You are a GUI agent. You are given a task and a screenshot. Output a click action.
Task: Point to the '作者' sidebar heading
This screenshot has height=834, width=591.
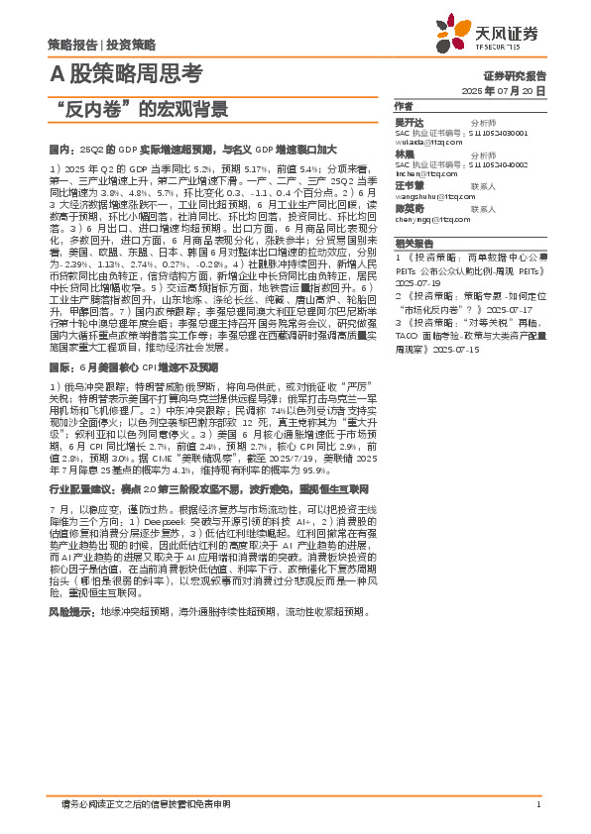pos(403,105)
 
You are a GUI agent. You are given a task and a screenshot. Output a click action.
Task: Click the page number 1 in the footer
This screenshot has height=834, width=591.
pos(536,803)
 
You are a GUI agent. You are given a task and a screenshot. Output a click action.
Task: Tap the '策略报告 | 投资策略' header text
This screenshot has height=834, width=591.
pos(101,45)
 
